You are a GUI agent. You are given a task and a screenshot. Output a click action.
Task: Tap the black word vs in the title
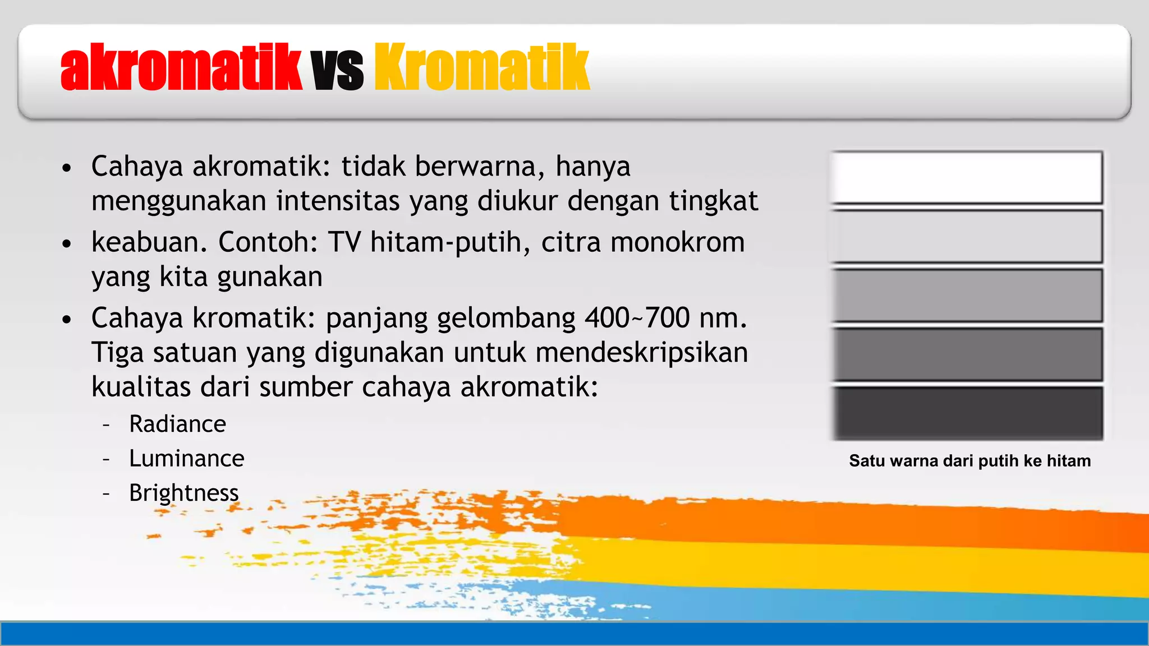[338, 70]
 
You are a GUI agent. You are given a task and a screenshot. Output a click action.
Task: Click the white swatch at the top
[966, 177]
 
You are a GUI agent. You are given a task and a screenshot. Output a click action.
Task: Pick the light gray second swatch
[966, 236]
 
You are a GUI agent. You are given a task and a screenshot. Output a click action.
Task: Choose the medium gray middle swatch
[966, 295]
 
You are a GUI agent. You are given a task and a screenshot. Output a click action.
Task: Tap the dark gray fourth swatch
[966, 354]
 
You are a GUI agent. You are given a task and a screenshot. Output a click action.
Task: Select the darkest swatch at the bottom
[966, 413]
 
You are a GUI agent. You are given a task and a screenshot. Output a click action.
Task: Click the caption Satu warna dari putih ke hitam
[969, 461]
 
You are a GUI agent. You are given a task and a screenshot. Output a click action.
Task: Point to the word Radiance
[177, 424]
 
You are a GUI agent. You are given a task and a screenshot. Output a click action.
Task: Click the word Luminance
[186, 459]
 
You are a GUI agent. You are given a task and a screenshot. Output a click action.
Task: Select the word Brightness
[183, 493]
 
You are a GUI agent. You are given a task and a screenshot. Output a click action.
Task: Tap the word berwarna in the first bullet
[480, 167]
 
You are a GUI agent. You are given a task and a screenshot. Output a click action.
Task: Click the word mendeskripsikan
[641, 353]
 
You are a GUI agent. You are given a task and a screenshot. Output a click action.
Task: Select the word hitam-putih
[447, 242]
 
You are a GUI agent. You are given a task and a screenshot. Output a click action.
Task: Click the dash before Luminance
[106, 459]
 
